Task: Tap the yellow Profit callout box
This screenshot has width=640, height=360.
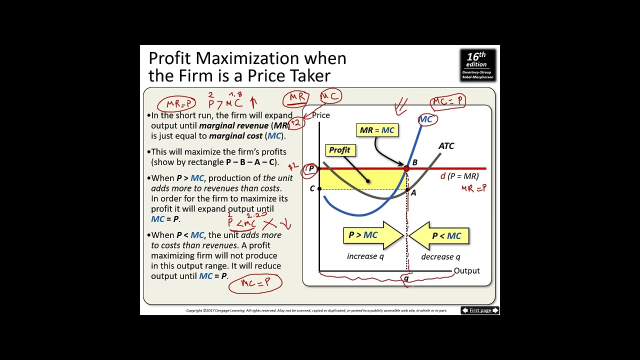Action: pos(340,150)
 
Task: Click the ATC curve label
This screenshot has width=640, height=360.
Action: pos(446,146)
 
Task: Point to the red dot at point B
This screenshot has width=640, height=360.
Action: pos(406,169)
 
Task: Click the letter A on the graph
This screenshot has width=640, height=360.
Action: pos(413,192)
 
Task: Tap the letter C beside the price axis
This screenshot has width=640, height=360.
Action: pos(312,188)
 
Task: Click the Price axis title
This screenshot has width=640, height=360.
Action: pos(321,115)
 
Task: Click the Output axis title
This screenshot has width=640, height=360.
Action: pos(466,271)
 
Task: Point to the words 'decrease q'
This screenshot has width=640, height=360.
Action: pos(440,256)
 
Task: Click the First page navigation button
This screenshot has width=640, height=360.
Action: pos(480,310)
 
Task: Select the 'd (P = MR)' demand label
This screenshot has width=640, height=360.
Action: pos(459,176)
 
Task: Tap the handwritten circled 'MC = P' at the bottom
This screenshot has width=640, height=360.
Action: pos(255,283)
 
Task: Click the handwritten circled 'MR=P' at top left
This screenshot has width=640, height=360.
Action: pos(176,104)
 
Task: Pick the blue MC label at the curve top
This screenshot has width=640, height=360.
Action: pos(425,119)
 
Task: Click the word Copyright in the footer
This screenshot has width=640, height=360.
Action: pos(194,310)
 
